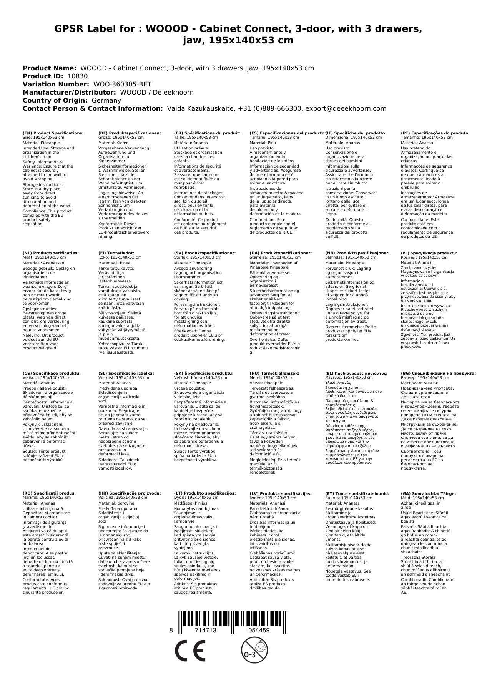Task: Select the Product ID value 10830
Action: pyautogui.click(x=77, y=76)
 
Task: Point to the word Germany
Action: pyautogui.click(x=106, y=100)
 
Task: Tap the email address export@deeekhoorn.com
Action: pyautogui.click(x=346, y=108)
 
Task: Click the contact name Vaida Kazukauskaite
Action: pyautogui.click(x=200, y=108)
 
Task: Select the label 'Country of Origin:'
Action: pyautogui.click(x=55, y=100)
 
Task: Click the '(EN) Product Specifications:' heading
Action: pyautogui.click(x=53, y=133)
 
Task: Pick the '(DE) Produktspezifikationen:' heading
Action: pyautogui.click(x=130, y=133)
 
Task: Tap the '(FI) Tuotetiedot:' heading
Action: pyautogui.click(x=116, y=253)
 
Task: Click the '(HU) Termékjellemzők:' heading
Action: pyautogui.click(x=274, y=373)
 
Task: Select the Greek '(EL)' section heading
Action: pyautogui.click(x=356, y=373)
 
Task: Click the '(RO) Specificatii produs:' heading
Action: pyautogui.click(x=49, y=493)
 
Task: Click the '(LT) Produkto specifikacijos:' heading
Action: pyautogui.click(x=205, y=493)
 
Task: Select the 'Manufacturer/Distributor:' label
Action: pyautogui.click(x=70, y=92)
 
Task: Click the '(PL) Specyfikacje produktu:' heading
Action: pyautogui.click(x=429, y=253)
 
